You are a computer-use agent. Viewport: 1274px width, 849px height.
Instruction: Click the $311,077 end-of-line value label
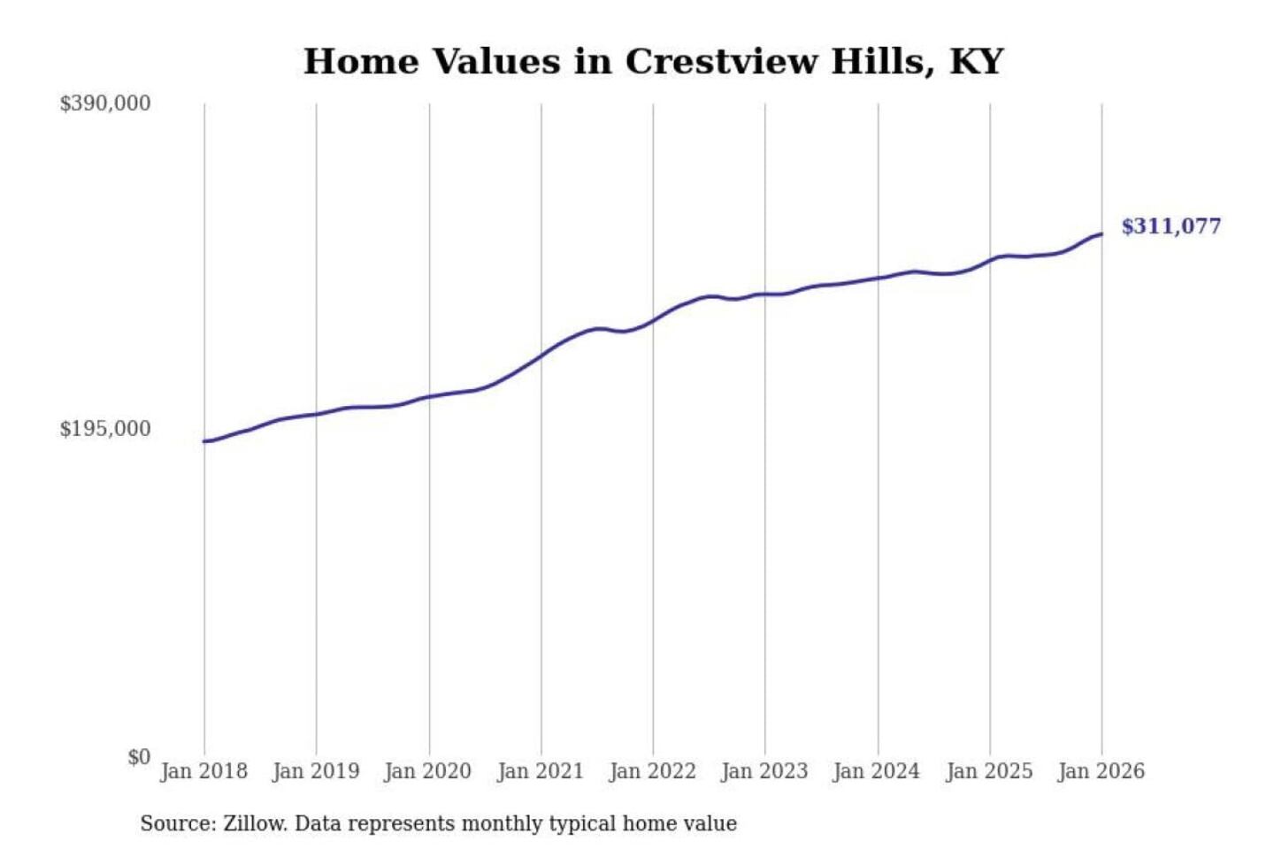tap(1170, 226)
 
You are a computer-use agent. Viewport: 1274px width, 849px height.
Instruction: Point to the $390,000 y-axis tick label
tap(104, 103)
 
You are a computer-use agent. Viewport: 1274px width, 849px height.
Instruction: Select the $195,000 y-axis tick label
tap(104, 429)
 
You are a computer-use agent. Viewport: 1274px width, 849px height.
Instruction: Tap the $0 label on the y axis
tap(139, 757)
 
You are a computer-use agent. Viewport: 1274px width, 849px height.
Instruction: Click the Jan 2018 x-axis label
tap(203, 771)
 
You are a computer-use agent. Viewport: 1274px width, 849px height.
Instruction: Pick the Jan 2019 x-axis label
tap(316, 771)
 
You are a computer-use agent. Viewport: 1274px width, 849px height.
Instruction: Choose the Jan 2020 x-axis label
tap(428, 771)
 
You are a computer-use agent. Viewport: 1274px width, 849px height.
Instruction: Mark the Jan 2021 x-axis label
tap(541, 771)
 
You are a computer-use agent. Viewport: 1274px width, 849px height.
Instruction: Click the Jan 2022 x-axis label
tap(653, 771)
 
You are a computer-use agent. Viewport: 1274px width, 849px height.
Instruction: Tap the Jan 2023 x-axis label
tap(764, 771)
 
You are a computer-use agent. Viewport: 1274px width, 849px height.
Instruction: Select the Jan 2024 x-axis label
tap(877, 771)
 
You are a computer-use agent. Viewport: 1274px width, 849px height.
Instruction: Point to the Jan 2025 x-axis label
tap(989, 771)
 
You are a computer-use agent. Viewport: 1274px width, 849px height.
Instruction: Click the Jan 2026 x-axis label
tap(1101, 771)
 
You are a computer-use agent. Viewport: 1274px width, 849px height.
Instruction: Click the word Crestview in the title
tap(721, 62)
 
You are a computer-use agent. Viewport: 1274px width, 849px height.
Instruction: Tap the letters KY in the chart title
tap(977, 62)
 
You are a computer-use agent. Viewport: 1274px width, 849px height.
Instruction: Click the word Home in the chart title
tap(361, 62)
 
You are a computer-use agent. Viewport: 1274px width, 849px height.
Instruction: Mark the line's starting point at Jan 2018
tap(205, 441)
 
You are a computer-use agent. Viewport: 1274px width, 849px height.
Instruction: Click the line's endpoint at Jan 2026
tap(1101, 234)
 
